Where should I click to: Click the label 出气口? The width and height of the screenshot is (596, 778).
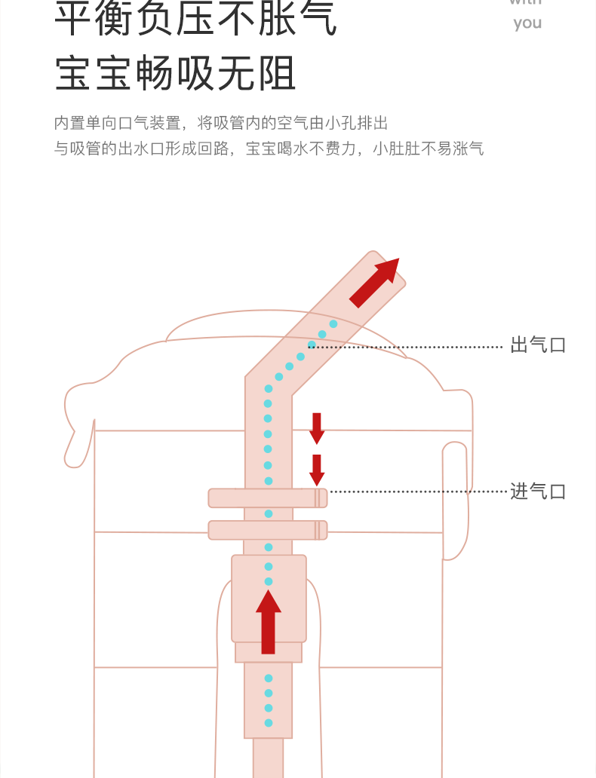[x=538, y=345]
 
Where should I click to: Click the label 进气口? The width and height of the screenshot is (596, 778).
[x=538, y=492]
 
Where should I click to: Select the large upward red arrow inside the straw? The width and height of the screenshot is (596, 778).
[x=269, y=621]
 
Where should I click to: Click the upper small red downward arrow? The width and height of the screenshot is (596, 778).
[x=317, y=427]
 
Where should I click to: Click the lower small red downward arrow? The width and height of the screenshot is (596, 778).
[x=317, y=470]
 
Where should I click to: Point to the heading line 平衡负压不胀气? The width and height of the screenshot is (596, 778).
[x=196, y=20]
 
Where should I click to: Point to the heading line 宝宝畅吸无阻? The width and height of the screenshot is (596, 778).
[x=176, y=74]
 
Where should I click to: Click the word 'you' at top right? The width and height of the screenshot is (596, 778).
[x=527, y=23]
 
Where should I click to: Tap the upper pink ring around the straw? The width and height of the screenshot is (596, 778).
[x=267, y=498]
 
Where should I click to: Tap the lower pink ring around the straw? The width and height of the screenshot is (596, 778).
[x=267, y=530]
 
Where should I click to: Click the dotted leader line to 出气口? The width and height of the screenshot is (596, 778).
[x=407, y=347]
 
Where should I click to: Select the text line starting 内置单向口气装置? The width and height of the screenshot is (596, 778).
[x=221, y=123]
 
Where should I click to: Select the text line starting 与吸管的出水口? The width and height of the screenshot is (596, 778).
[x=269, y=148]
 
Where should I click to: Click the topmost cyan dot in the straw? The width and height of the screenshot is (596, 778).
[x=333, y=324]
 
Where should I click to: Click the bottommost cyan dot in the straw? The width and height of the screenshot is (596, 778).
[x=269, y=723]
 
